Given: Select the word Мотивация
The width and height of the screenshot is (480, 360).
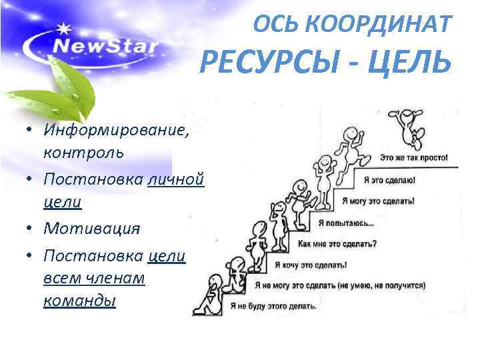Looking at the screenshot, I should click(x=92, y=228).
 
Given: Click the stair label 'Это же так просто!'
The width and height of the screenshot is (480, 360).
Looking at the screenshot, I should click(x=414, y=159).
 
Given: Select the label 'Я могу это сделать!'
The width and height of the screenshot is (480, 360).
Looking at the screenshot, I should click(x=377, y=200).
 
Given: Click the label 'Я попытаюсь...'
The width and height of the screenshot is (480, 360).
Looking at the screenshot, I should click(x=346, y=222).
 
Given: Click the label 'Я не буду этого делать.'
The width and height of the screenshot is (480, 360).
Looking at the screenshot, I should click(x=273, y=307).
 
